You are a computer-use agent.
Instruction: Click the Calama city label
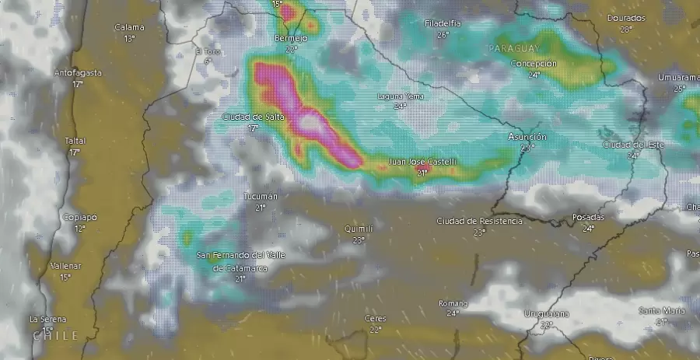[129, 27]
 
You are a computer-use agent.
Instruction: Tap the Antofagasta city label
[78, 72]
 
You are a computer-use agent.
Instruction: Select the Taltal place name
[75, 141]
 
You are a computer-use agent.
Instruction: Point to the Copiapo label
[80, 217]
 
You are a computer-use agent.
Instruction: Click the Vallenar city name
[65, 266]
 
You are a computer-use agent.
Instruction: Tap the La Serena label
[48, 319]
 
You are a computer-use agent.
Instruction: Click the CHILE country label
[55, 336]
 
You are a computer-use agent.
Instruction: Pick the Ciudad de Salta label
[253, 117]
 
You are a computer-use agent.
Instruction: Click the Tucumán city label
[260, 197]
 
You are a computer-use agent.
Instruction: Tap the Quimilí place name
[359, 229]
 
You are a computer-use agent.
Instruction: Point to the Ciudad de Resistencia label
[479, 221]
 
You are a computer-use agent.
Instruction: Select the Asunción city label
[527, 137]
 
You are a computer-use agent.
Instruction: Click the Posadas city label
[588, 217]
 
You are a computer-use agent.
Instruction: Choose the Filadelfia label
[443, 23]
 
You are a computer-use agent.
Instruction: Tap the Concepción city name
[534, 64]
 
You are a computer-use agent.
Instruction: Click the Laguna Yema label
[400, 96]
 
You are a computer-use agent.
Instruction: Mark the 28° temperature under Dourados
[626, 29]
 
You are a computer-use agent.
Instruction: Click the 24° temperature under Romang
[453, 313]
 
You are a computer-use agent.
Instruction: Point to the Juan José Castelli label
[422, 162]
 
